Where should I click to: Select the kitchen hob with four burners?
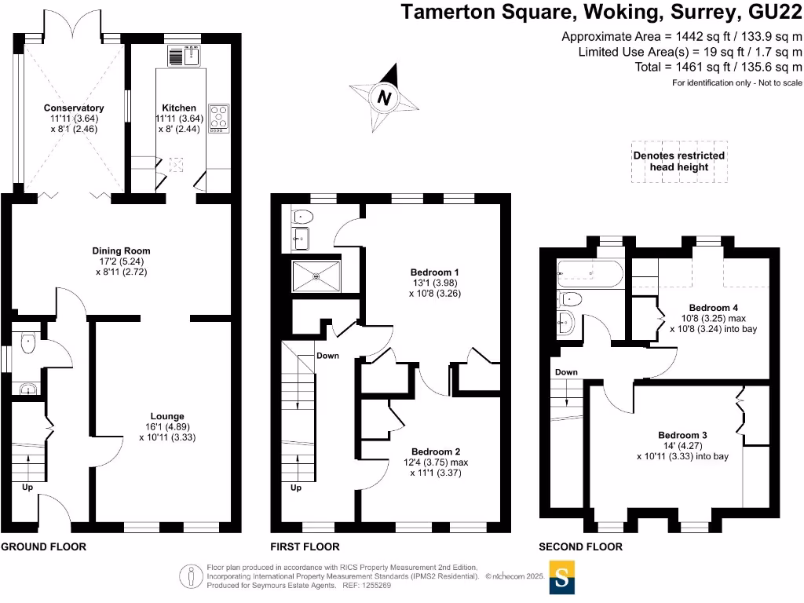click(217, 116)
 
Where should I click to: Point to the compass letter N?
click(384, 98)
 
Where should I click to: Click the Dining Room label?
click(119, 250)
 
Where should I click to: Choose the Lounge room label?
click(167, 416)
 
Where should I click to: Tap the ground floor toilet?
click(28, 342)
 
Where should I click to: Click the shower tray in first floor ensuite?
click(317, 275)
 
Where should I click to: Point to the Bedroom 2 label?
click(435, 451)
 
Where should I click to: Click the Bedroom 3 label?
click(682, 435)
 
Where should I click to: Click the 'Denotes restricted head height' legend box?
click(679, 162)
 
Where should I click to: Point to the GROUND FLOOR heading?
click(44, 546)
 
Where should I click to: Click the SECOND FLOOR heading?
click(580, 546)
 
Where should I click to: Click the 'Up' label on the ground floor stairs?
click(27, 487)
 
